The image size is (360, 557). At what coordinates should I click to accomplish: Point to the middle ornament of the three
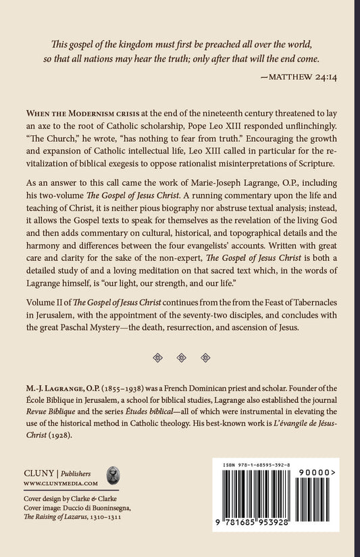pyautogui.click(x=180, y=358)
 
